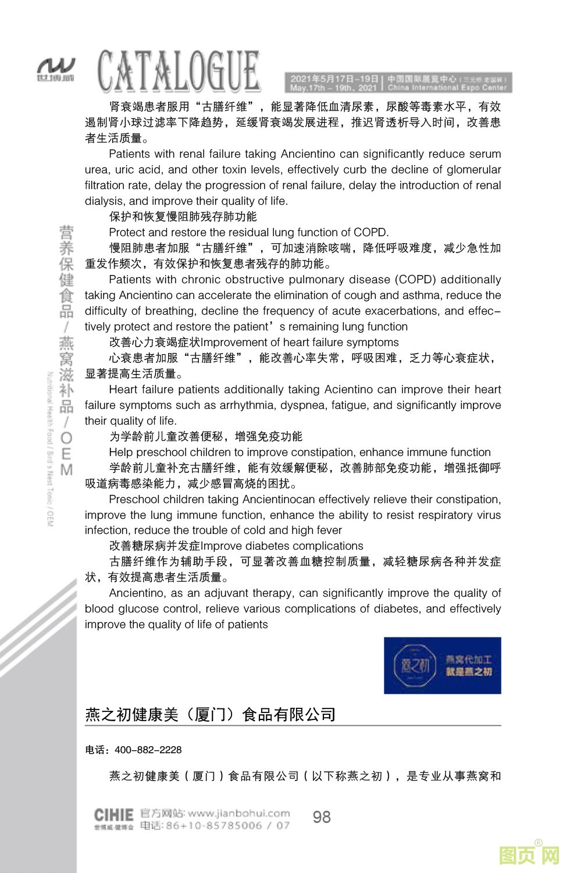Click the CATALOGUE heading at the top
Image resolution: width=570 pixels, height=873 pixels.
point(178,72)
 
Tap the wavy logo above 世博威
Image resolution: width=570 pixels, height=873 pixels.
point(56,65)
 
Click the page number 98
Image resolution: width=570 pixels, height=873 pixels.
point(322,817)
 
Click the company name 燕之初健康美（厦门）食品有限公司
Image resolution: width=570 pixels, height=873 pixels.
point(211,714)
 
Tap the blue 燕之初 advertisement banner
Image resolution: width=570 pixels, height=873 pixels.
point(442,665)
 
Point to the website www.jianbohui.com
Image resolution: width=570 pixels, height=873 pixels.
point(239,813)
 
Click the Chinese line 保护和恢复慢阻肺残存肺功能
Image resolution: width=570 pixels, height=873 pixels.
point(183,217)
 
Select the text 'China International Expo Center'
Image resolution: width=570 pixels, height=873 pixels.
point(447,88)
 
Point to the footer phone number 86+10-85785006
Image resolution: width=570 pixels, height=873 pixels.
point(213,826)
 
